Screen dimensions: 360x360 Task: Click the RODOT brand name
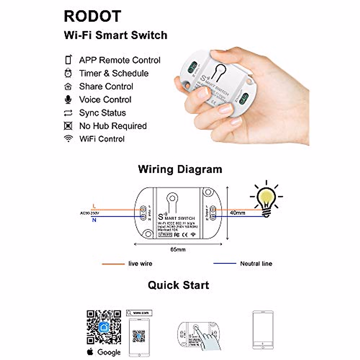click(x=92, y=16)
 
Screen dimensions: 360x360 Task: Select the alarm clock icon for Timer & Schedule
click(x=68, y=73)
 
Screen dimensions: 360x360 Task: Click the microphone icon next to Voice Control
click(x=68, y=99)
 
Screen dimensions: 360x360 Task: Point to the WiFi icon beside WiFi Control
click(x=68, y=139)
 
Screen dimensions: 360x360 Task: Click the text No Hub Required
click(x=113, y=126)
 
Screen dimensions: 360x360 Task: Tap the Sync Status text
click(x=102, y=113)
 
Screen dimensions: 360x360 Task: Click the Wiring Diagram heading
click(x=180, y=169)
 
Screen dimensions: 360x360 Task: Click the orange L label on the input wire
click(x=94, y=206)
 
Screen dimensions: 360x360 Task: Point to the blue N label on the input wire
click(x=94, y=220)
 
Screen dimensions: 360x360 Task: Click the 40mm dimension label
click(x=237, y=213)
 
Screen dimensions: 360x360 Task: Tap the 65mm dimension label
click(x=178, y=250)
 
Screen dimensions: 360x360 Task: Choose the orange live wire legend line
click(x=113, y=264)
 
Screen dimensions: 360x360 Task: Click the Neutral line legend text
click(x=256, y=264)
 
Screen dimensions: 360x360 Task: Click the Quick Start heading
click(x=178, y=285)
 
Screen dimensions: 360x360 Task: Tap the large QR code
click(x=104, y=327)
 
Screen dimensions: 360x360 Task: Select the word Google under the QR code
click(x=109, y=352)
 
